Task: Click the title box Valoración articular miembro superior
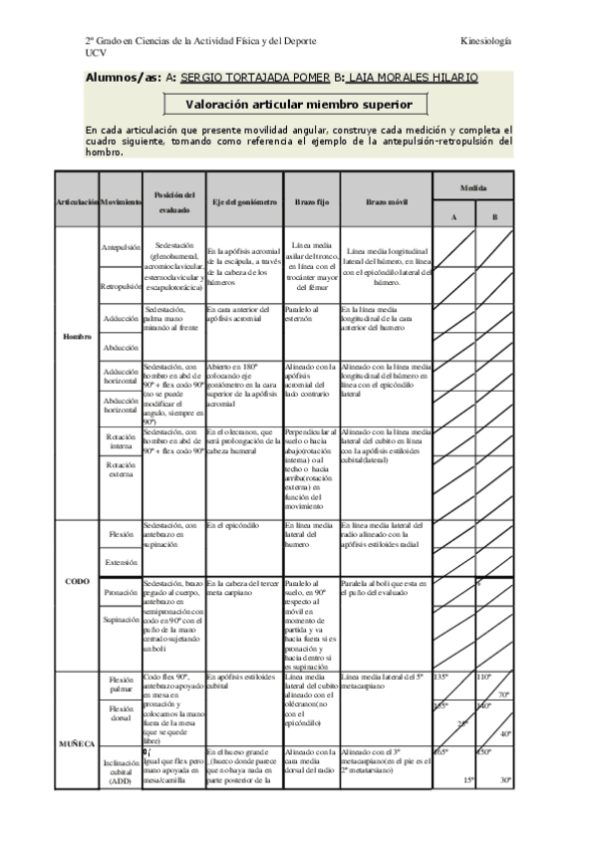[306, 105]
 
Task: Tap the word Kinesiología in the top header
[486, 41]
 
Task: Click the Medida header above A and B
[473, 186]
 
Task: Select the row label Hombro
[78, 337]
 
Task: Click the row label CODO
[78, 581]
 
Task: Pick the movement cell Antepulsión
[122, 245]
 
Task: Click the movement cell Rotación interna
[122, 441]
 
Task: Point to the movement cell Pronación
[122, 592]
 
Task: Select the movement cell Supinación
[122, 620]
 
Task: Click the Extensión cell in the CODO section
[122, 562]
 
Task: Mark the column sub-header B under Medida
[493, 217]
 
